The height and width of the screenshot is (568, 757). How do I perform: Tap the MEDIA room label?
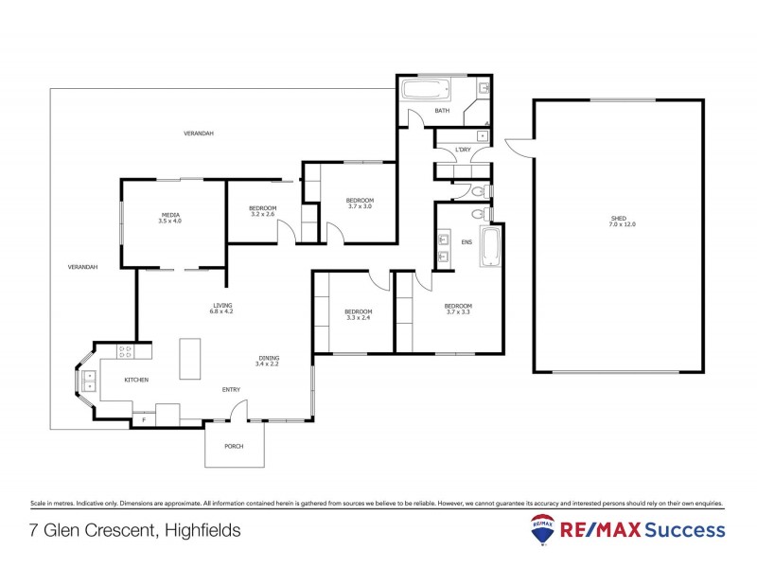pyautogui.click(x=170, y=218)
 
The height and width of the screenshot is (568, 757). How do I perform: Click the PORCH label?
pyautogui.click(x=235, y=446)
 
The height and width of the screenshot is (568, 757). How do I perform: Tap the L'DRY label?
pyautogui.click(x=463, y=150)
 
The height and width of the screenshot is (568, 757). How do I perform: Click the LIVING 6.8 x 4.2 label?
pyautogui.click(x=221, y=308)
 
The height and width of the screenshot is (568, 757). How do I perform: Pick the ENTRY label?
pyautogui.click(x=232, y=390)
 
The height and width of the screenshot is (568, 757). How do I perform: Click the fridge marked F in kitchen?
pyautogui.click(x=144, y=417)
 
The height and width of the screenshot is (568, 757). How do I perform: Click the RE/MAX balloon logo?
pyautogui.click(x=543, y=531)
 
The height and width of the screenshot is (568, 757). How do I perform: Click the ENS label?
pyautogui.click(x=466, y=242)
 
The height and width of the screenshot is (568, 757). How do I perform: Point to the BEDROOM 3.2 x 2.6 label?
pyautogui.click(x=262, y=211)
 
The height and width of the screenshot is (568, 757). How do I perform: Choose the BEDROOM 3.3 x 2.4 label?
pyautogui.click(x=358, y=314)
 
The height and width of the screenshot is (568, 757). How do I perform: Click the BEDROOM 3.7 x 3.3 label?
pyautogui.click(x=458, y=309)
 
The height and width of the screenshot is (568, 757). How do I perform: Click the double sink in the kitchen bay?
pyautogui.click(x=90, y=382)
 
